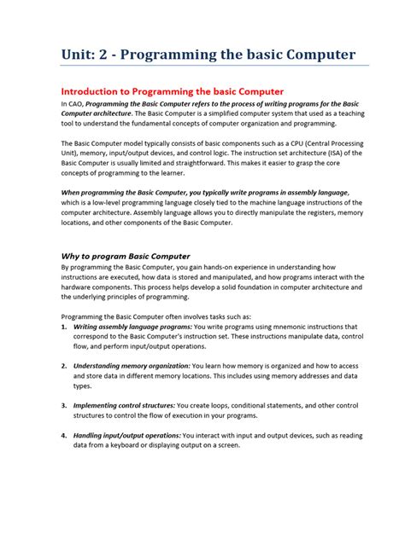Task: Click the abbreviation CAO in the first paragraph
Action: (77, 103)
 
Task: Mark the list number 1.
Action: (64, 327)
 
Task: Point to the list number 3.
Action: (64, 405)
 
